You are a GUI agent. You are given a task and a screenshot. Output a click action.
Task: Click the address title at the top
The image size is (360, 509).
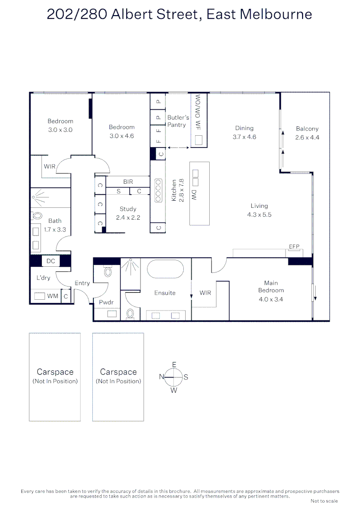(180, 14)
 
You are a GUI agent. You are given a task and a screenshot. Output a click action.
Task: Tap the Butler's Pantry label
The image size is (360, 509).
(178, 121)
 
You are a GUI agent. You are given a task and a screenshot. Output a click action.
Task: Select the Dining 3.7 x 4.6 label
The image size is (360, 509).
(244, 132)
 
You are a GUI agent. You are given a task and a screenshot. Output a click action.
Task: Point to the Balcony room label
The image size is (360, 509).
(307, 133)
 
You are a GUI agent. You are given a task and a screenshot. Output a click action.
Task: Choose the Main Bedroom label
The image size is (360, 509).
(271, 291)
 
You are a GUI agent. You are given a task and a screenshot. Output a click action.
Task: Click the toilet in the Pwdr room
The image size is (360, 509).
(107, 271)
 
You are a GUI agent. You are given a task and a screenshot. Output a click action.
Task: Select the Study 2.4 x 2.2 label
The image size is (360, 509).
(128, 213)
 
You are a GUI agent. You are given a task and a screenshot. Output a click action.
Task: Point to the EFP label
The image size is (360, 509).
(294, 246)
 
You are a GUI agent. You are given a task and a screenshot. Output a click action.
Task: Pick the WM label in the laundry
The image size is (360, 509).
(53, 296)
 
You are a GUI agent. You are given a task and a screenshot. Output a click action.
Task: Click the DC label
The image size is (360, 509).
(50, 261)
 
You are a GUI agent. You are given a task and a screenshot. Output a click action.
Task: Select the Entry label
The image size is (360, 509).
(82, 283)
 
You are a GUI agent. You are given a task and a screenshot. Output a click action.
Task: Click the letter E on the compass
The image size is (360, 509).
(174, 365)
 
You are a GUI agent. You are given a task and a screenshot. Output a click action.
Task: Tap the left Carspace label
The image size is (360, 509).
(55, 372)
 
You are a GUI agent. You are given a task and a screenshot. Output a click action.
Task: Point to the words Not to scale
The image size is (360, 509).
(324, 501)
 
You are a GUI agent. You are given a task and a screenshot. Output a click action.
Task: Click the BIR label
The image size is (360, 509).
(128, 181)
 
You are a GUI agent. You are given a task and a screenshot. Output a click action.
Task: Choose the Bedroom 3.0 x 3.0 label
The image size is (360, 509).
(60, 125)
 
